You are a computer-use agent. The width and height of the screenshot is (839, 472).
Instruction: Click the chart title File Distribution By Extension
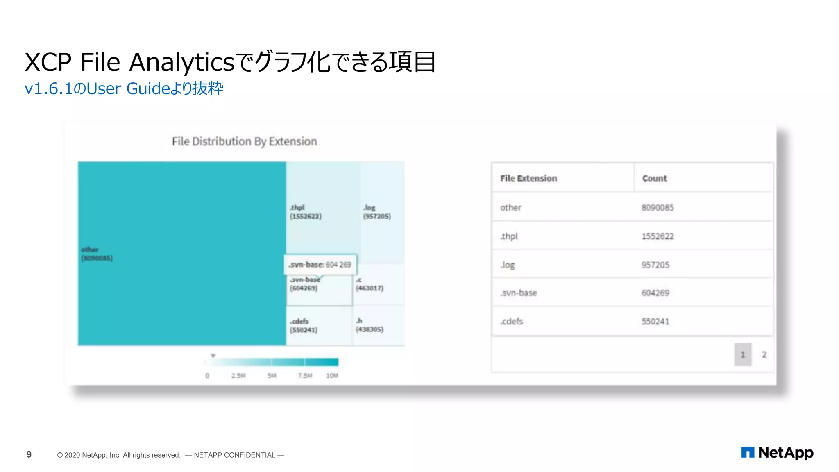tap(244, 141)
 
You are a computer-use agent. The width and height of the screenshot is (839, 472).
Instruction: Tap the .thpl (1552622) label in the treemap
tap(305, 212)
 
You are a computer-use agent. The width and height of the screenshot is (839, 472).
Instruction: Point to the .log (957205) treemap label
tap(376, 212)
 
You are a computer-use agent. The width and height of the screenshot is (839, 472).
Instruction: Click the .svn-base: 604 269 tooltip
tap(320, 265)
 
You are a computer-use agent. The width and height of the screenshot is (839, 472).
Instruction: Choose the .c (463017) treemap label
tap(369, 284)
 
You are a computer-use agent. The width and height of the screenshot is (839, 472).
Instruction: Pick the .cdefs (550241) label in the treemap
tap(304, 326)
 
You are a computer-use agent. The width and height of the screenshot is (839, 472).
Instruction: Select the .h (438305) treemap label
tap(369, 325)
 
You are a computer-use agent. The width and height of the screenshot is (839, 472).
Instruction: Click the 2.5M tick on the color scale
tap(238, 376)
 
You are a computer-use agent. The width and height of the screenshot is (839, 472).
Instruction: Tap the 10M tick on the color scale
tap(332, 376)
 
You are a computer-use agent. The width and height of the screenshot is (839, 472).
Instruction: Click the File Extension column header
tap(528, 178)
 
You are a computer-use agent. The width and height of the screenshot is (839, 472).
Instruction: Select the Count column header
tap(654, 178)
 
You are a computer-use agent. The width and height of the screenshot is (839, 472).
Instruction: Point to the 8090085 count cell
tap(658, 208)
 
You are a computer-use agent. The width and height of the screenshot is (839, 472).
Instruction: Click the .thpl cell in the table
tap(509, 236)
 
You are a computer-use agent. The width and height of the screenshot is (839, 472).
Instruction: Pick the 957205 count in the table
tap(655, 265)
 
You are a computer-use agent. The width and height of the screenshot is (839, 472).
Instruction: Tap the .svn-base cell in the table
tap(519, 293)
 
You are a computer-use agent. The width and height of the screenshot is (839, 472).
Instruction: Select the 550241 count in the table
tap(655, 322)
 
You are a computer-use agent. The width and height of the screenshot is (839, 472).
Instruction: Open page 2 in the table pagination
tap(764, 354)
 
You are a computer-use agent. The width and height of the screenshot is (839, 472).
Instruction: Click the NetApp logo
tap(777, 453)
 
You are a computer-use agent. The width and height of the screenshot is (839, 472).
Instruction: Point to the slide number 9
tap(29, 454)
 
